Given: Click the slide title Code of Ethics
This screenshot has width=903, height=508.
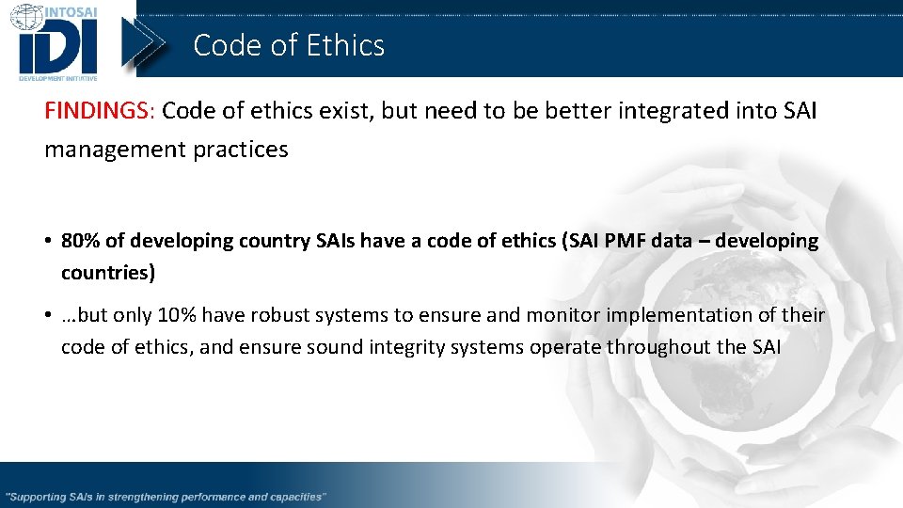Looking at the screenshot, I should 289,45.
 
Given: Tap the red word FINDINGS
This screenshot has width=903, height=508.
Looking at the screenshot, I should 96,111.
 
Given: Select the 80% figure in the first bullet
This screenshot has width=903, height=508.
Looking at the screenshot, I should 81,241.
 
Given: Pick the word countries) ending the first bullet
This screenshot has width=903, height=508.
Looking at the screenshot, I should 108,273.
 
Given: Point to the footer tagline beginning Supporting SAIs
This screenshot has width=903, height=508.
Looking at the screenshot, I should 166,496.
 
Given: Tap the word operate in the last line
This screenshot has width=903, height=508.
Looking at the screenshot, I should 564,346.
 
